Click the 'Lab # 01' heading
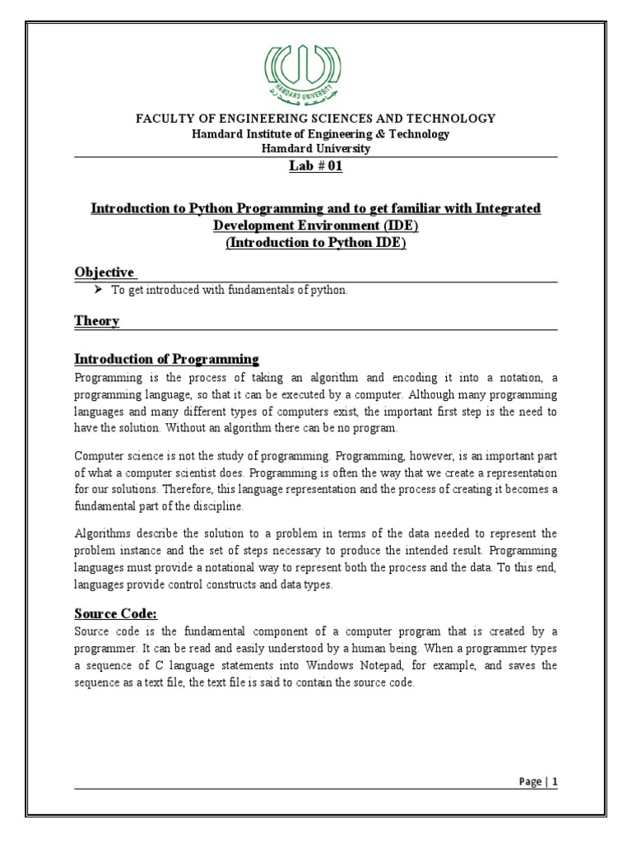316,167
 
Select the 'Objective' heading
105,272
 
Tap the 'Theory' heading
97,321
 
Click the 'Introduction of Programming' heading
167,359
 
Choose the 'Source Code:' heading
115,614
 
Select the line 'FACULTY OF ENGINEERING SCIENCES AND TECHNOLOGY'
316,119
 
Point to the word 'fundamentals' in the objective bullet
246,291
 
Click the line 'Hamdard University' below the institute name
316,149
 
